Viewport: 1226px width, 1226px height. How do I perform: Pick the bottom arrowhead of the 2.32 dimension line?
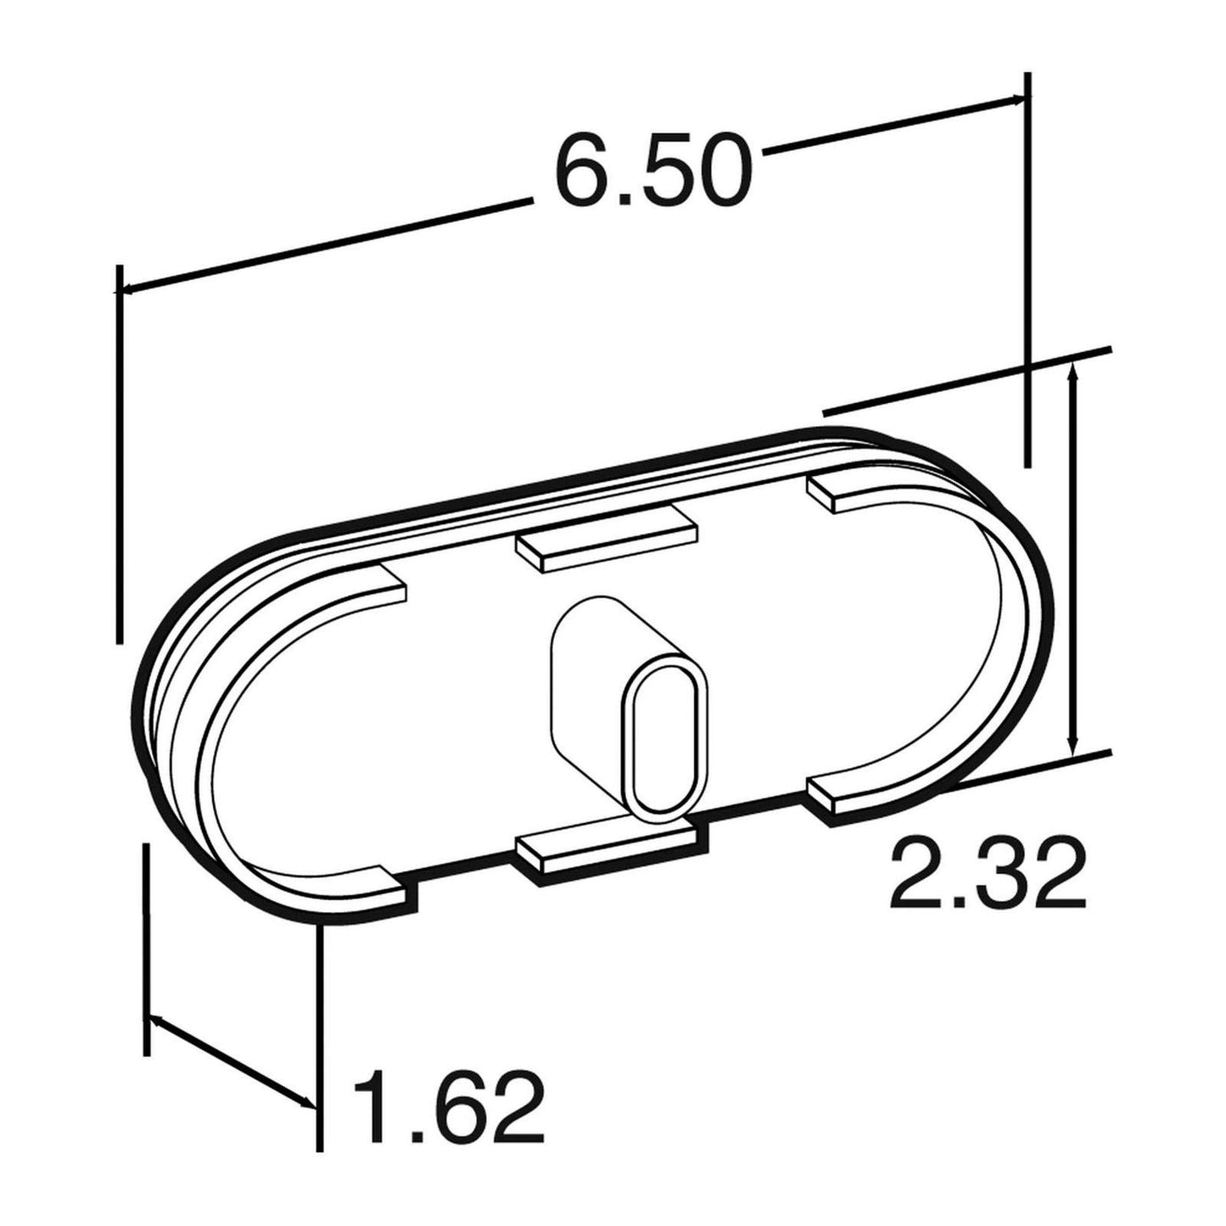click(1074, 746)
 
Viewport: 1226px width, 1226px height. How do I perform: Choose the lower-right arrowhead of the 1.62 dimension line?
click(307, 1102)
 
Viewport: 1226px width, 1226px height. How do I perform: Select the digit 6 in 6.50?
click(586, 171)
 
